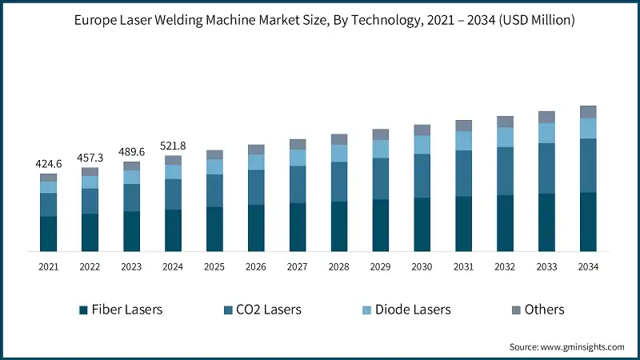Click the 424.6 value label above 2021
(x=49, y=164)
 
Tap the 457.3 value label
(x=90, y=158)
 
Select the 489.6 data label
(x=131, y=153)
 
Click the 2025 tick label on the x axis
(x=214, y=266)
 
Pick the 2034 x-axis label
(x=588, y=266)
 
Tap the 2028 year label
(x=339, y=266)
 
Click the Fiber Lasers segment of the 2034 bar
(x=588, y=222)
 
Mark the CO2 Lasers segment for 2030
(x=422, y=176)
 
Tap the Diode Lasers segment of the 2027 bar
(x=298, y=158)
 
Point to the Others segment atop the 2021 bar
(x=49, y=178)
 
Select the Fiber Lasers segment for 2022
(x=90, y=232)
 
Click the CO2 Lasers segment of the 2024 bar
(x=173, y=194)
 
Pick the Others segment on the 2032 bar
(x=505, y=122)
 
